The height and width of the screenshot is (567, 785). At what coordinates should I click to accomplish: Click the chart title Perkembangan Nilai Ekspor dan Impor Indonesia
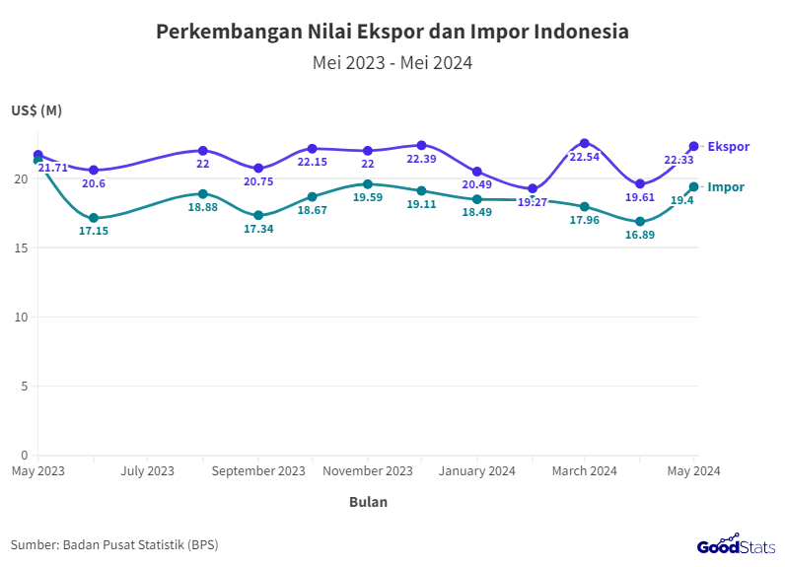coord(392,32)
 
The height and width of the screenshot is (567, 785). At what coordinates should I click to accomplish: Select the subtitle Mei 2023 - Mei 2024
coord(392,63)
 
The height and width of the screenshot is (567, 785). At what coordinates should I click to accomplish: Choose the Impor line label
coord(726,186)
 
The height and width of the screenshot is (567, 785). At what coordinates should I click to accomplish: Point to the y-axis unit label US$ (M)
coord(36,110)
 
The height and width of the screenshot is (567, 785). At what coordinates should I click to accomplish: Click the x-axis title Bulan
coord(368,502)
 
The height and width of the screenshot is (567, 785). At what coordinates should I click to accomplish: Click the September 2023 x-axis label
coord(258,471)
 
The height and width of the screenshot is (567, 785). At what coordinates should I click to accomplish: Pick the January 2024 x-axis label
coord(477,471)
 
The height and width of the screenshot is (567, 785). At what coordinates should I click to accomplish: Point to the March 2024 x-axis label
coord(585,471)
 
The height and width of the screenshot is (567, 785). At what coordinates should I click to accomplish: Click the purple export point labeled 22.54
coord(585,144)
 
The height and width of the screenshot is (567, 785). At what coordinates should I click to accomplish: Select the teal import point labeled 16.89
coord(640,222)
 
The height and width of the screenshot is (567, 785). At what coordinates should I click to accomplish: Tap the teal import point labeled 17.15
coord(94,218)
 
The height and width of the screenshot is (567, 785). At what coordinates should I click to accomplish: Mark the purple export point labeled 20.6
coord(94,171)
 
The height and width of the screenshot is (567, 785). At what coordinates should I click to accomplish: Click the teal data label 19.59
coord(368,197)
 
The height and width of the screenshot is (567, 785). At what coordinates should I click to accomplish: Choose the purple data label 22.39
coord(422,160)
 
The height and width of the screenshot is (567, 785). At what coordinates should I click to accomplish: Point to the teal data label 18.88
coord(203,207)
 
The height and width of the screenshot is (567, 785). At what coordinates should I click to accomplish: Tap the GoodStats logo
coord(736,544)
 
